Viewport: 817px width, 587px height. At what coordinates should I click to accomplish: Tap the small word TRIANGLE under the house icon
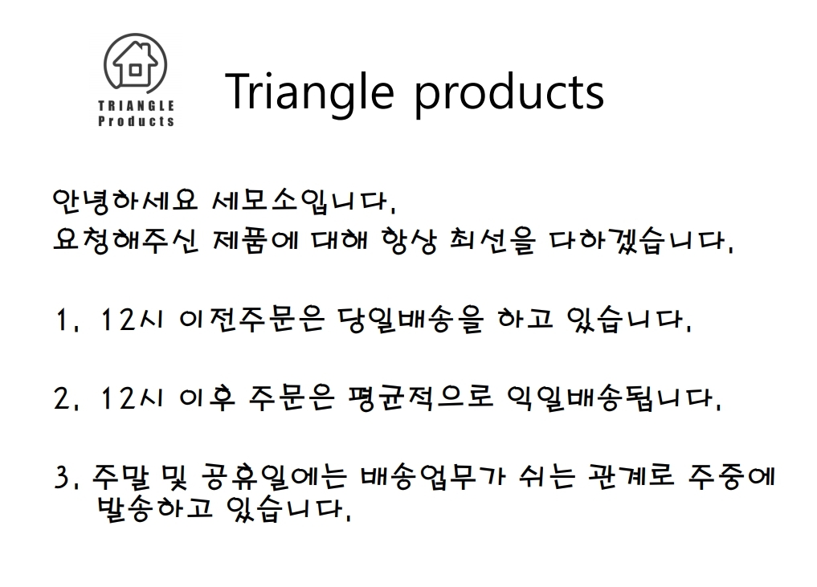(x=136, y=106)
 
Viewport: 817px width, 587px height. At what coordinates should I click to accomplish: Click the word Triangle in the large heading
(x=309, y=92)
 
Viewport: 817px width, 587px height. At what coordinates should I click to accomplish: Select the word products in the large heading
(x=509, y=94)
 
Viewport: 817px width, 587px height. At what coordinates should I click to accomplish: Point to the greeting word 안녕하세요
(x=125, y=201)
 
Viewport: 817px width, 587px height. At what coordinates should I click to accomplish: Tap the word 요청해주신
(x=125, y=241)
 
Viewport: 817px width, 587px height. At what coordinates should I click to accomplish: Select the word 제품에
(x=255, y=241)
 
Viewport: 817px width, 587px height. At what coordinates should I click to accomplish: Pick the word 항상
(x=409, y=241)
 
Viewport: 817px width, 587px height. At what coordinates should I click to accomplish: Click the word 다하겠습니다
(x=641, y=241)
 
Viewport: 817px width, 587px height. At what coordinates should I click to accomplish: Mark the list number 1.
(x=64, y=320)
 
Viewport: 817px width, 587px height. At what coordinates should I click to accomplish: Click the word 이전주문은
(x=251, y=320)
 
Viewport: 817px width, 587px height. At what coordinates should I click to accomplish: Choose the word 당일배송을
(x=411, y=320)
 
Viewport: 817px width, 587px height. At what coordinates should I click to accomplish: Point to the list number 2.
(x=64, y=399)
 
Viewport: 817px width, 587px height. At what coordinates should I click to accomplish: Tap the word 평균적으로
(x=420, y=398)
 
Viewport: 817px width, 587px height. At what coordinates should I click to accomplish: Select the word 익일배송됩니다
(x=615, y=399)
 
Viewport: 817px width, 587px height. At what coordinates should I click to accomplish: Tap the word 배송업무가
(x=432, y=477)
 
